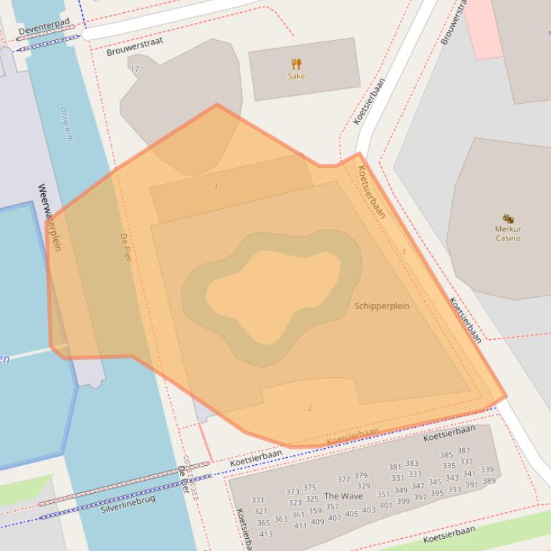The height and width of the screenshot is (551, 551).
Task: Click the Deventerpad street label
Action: (44, 27)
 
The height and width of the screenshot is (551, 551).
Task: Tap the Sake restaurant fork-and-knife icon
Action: (296, 64)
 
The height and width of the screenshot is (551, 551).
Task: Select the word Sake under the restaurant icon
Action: (296, 76)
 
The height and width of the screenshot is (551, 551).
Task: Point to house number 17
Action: (134, 69)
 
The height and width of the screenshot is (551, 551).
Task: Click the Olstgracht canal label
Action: (66, 125)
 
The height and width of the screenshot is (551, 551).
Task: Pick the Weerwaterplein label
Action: (49, 218)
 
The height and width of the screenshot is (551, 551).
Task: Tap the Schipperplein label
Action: (382, 306)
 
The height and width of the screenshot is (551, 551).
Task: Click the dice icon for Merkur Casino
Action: (508, 218)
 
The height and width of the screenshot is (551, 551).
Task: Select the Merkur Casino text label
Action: (508, 233)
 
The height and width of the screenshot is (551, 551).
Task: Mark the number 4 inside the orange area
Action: (216, 187)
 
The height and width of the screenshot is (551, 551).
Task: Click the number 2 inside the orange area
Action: (310, 408)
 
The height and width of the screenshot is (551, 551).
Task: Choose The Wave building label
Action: (343, 496)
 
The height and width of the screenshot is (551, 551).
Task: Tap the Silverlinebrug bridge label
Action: (128, 504)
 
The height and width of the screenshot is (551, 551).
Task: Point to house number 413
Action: (266, 534)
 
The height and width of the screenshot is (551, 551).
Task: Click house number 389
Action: (489, 481)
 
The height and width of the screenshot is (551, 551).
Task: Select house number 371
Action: (258, 500)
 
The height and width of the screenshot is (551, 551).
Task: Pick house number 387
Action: (464, 451)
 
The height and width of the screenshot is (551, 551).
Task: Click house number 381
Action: (395, 467)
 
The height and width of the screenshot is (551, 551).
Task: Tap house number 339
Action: (487, 469)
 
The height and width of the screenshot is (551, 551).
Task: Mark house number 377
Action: (344, 479)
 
